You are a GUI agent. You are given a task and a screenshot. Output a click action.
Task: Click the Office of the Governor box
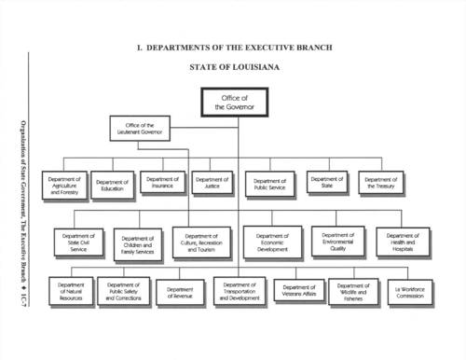click(x=234, y=101)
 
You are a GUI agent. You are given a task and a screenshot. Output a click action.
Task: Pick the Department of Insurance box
click(x=163, y=182)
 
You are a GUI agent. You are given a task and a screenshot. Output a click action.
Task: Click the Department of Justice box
click(x=212, y=182)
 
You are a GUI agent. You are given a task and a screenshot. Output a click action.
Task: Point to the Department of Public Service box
click(x=269, y=184)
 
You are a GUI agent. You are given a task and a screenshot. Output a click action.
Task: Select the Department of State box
click(x=327, y=182)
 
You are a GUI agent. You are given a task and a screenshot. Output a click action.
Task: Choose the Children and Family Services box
click(x=138, y=244)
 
